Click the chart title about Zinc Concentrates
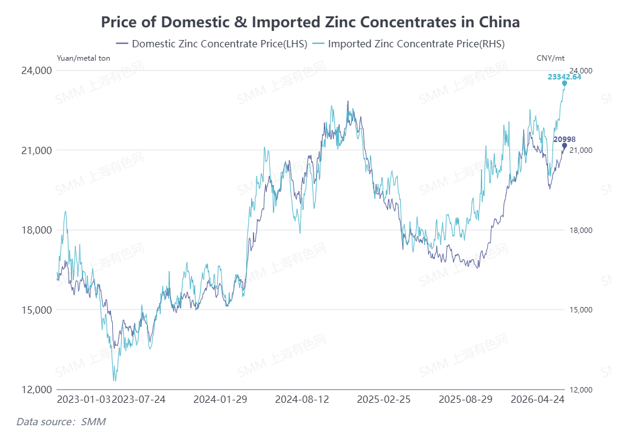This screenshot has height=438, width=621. pos(310,22)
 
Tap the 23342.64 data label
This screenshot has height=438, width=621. pos(564,77)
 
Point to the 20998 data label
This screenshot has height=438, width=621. pos(563,140)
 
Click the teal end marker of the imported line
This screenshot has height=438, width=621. pos(565,84)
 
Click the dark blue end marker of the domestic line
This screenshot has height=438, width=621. pos(565,146)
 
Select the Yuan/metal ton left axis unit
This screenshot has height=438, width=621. pos(84,58)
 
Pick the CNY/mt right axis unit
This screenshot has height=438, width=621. pos(550,58)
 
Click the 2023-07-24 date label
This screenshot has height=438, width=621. pos(140,400)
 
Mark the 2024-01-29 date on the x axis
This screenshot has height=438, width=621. pos(220,400)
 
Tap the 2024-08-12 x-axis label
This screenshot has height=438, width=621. pos(302,400)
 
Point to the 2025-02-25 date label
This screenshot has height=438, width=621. pos(384,400)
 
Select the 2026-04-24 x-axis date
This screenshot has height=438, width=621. pos(538,400)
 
